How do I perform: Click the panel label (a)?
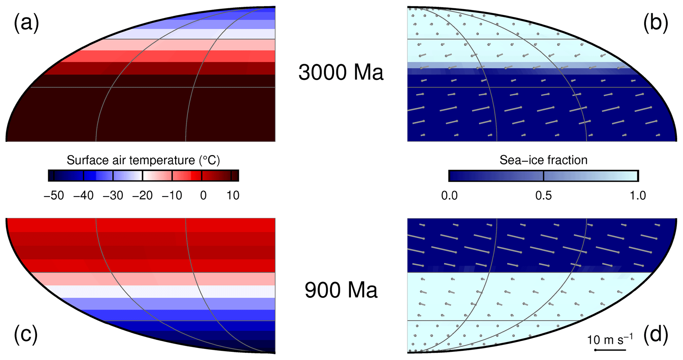click(x=26, y=24)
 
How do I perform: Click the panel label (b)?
click(x=655, y=24)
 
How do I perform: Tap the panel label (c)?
click(x=26, y=334)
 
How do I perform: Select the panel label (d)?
click(x=656, y=334)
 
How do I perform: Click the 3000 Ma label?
click(x=341, y=72)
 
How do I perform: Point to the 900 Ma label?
click(x=341, y=290)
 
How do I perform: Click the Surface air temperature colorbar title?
click(x=143, y=160)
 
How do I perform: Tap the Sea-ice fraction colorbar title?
click(x=543, y=160)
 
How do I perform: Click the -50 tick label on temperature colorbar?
click(x=54, y=195)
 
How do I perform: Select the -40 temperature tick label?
click(x=83, y=195)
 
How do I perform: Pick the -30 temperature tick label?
click(x=113, y=195)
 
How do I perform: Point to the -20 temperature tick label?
click(x=142, y=195)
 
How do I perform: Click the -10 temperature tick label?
click(x=172, y=195)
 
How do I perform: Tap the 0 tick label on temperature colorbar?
click(x=203, y=195)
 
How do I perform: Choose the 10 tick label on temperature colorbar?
click(x=233, y=195)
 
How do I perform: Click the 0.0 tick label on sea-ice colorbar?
click(x=449, y=195)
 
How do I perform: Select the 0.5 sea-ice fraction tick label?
click(x=543, y=195)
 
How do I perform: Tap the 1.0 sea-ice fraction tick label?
click(x=637, y=195)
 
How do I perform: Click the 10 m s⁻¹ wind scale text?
click(x=610, y=340)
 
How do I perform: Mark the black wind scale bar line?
click(x=610, y=350)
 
